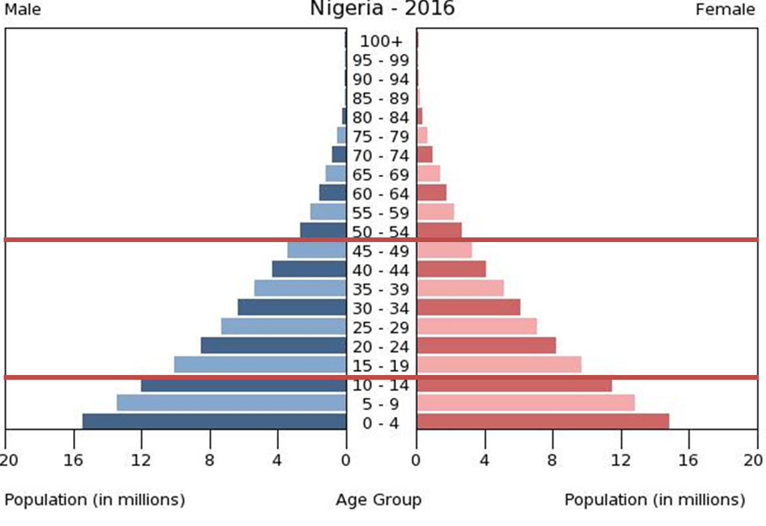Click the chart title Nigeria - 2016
pos(382,9)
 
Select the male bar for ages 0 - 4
pos(214,422)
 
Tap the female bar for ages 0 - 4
pos(542,422)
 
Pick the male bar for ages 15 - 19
pos(260,364)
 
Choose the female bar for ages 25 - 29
pos(476,327)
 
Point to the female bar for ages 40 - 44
pos(451,269)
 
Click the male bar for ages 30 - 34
pos(292,307)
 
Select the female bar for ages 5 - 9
pos(525,403)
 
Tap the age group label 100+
pos(381,41)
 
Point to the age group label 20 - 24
pos(381,346)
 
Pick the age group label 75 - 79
pos(381,136)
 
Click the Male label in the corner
pos(23,10)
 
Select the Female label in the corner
pos(725,10)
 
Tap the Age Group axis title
pos(378,500)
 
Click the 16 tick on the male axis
pos(73,460)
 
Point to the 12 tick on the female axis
pos(621,460)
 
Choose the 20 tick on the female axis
pos(753,460)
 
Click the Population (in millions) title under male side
pos(95,500)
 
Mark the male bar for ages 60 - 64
pos(332,193)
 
